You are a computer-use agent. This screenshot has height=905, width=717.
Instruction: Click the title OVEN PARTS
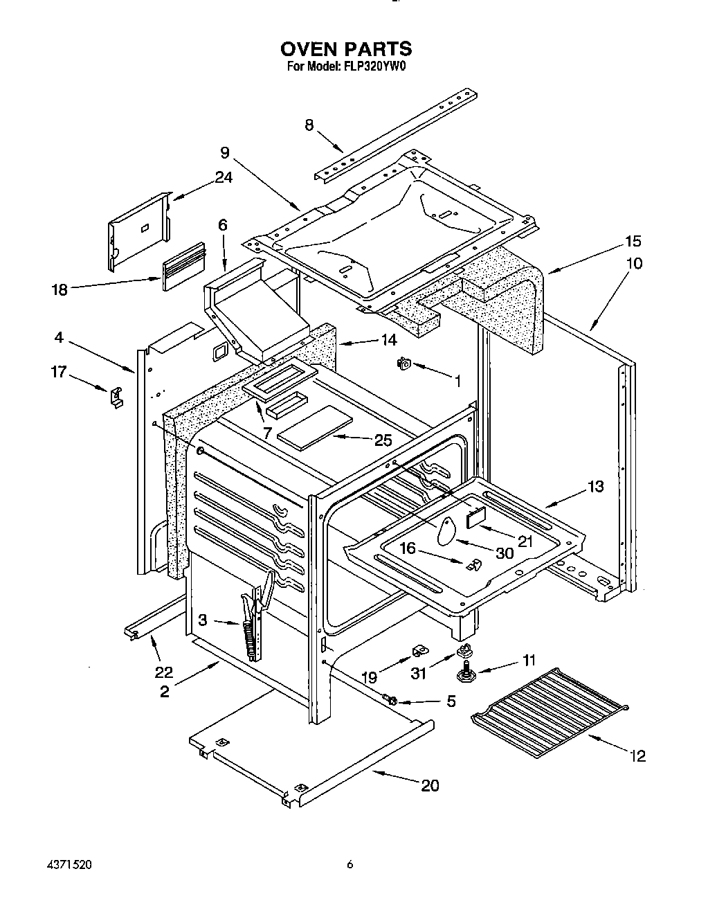click(345, 49)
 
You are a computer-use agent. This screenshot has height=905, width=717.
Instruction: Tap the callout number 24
click(223, 177)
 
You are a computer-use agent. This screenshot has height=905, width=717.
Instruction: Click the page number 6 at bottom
click(350, 864)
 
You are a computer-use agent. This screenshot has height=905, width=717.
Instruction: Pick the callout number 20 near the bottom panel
click(430, 785)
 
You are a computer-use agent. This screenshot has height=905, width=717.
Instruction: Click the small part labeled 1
click(403, 363)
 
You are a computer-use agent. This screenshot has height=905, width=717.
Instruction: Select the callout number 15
click(633, 242)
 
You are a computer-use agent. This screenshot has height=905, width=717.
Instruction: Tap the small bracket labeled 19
click(417, 650)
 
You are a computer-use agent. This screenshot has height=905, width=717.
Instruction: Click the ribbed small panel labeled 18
click(183, 266)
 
